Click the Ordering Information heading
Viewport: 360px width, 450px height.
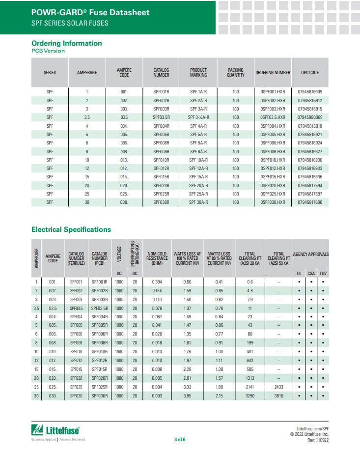click(x=67, y=43)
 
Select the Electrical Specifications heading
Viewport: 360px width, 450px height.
click(x=71, y=229)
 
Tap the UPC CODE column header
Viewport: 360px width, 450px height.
click(x=310, y=73)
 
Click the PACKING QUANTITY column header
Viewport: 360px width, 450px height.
click(x=236, y=73)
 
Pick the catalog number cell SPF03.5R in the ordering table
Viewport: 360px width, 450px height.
click(x=161, y=117)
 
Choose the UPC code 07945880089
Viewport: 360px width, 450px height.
click(x=310, y=117)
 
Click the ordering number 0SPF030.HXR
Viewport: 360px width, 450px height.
click(x=273, y=202)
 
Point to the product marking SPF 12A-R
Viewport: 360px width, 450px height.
click(x=198, y=169)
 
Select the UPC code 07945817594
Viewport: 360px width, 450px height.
click(x=310, y=186)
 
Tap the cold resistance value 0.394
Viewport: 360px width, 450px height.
click(x=157, y=282)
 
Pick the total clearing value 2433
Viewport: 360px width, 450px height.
click(x=278, y=387)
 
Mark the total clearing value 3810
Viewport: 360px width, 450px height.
click(x=278, y=396)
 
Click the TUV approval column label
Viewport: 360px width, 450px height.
click(x=323, y=273)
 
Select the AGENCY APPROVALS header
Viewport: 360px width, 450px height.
click(x=311, y=254)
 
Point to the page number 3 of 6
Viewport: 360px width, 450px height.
click(x=180, y=439)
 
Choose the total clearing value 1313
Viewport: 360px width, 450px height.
click(x=249, y=378)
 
